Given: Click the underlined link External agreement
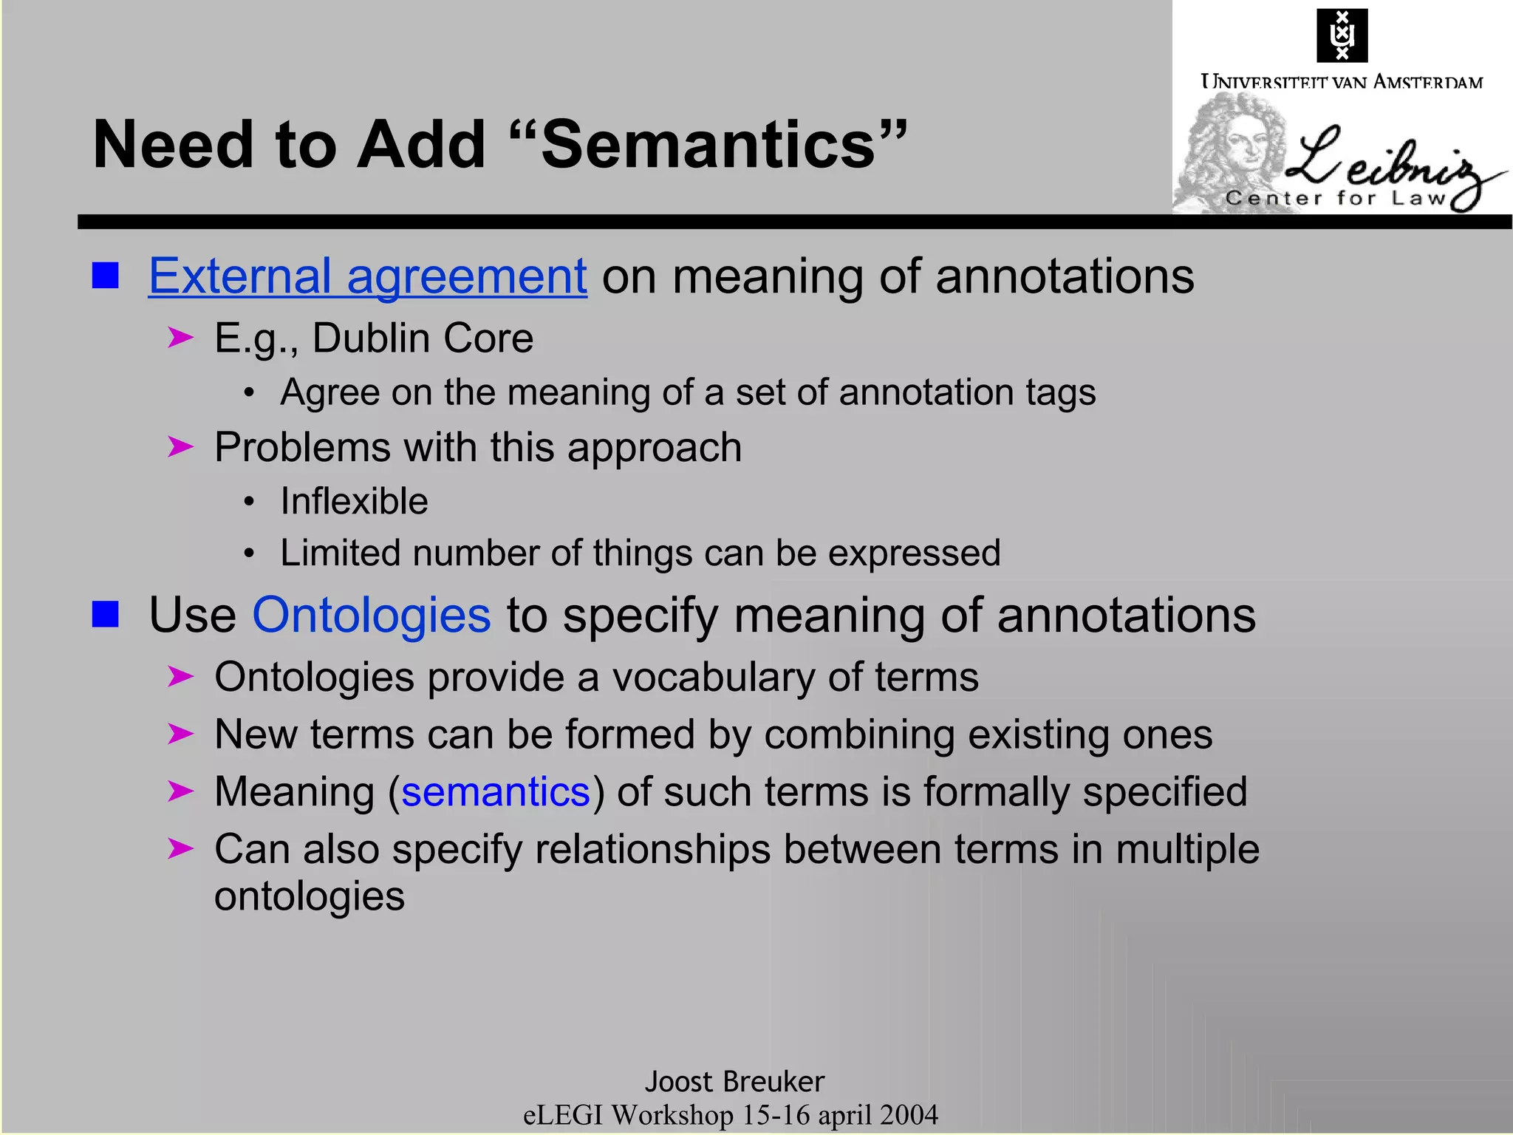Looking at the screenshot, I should point(367,277).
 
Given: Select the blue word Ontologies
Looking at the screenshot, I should point(371,615).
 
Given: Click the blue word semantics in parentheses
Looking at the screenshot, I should point(495,792).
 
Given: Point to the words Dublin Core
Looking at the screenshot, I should point(423,338).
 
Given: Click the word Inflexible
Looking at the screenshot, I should point(354,502).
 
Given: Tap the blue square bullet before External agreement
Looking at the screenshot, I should point(106,276).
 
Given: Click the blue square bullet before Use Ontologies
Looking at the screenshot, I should point(106,614).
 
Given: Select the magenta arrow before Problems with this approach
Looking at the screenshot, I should point(180,447).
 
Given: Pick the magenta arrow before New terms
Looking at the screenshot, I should point(180,734).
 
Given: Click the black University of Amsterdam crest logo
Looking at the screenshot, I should point(1342,35).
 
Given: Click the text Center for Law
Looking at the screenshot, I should point(1334,198).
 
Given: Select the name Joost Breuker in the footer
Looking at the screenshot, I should point(734,1082).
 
